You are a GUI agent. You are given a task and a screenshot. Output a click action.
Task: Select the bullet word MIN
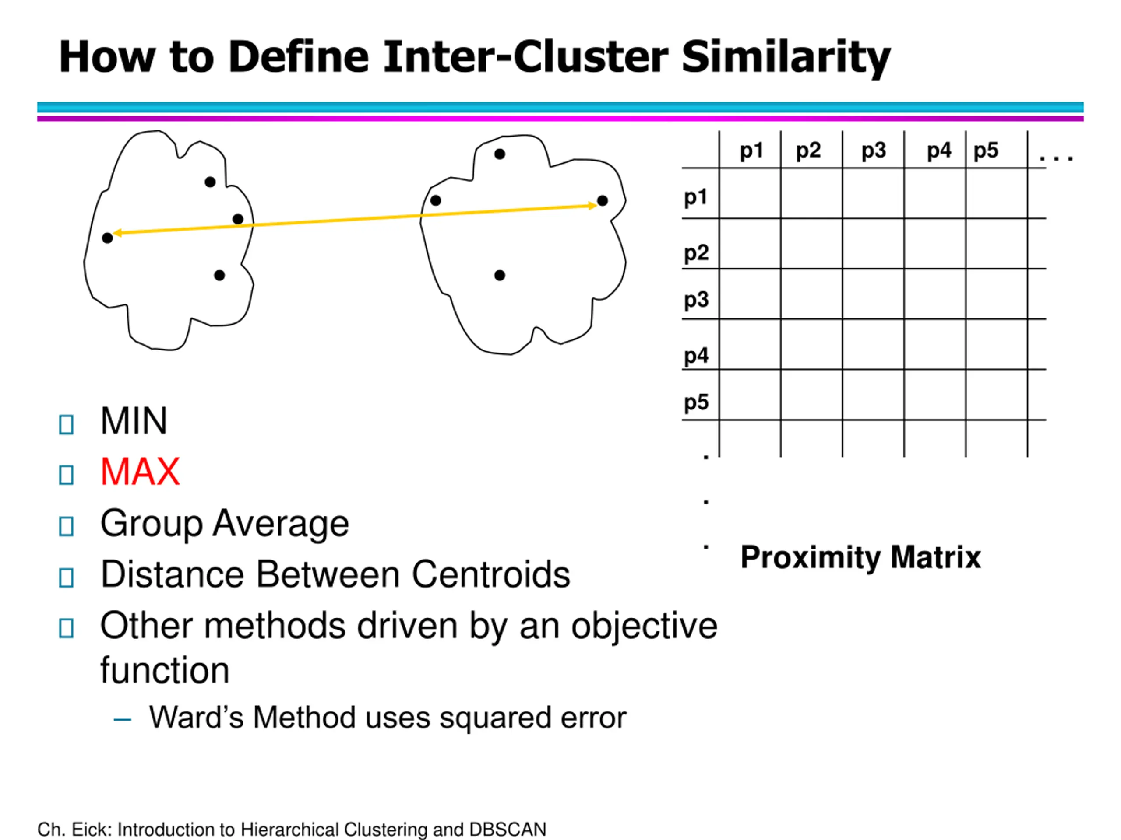(134, 421)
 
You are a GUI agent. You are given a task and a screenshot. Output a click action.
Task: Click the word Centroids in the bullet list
(490, 575)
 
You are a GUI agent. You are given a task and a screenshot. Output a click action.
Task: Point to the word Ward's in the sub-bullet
(196, 717)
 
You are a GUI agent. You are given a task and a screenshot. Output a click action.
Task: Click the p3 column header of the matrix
(874, 150)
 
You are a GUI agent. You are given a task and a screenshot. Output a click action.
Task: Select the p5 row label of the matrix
(696, 402)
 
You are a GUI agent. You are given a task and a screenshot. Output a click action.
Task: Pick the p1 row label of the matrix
(695, 197)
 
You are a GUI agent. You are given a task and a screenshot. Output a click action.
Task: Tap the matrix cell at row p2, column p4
(934, 244)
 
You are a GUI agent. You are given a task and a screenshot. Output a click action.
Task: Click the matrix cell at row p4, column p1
(750, 344)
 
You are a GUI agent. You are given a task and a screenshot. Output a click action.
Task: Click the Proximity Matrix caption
(860, 557)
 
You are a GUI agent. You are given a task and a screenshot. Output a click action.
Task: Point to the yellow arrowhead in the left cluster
(117, 233)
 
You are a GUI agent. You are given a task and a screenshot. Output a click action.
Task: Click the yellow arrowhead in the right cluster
(592, 205)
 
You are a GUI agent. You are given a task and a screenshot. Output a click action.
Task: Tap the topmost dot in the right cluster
(500, 154)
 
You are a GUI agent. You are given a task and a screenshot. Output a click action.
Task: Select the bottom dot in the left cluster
(219, 276)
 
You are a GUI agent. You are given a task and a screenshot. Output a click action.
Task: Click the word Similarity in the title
(786, 57)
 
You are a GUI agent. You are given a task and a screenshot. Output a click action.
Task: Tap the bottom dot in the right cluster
(500, 276)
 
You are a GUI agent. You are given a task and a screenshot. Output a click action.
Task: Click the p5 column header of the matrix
(986, 150)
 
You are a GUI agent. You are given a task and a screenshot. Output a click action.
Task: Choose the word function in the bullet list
(165, 670)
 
